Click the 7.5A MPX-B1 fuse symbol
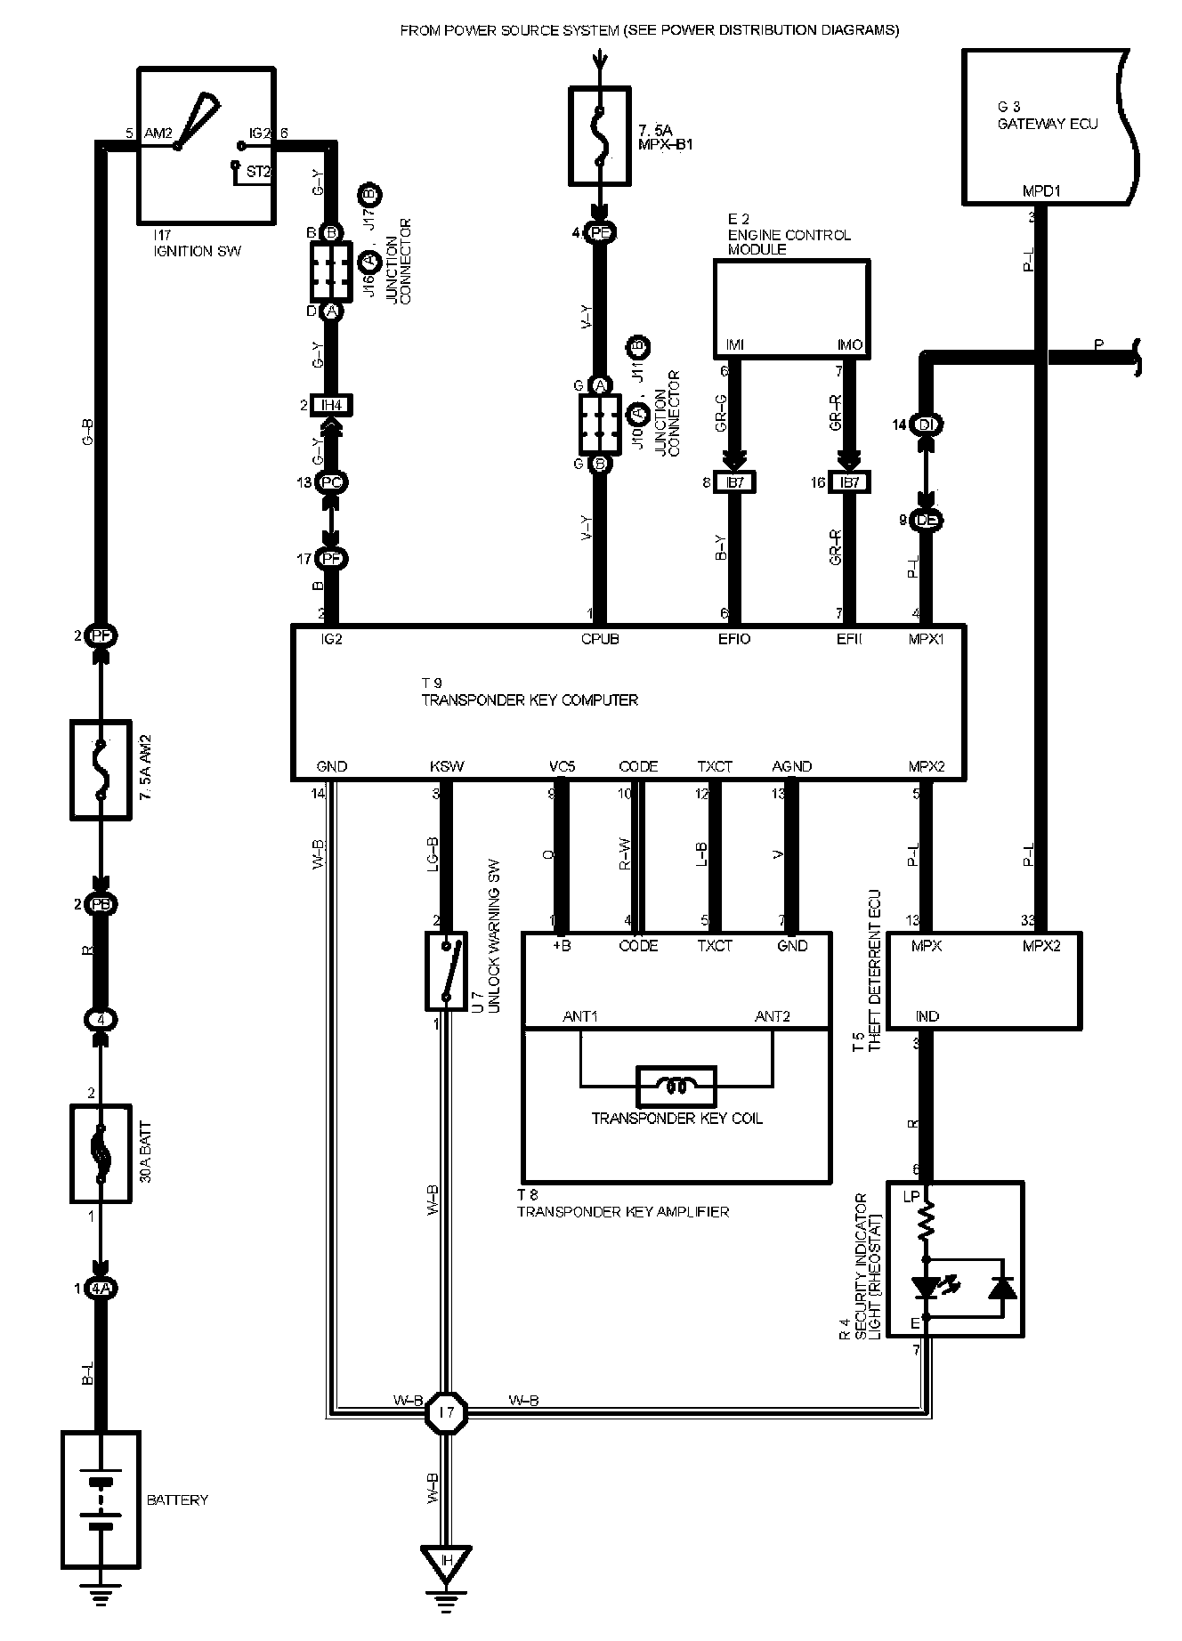(x=600, y=134)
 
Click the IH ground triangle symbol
(x=446, y=1561)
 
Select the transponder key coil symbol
(x=676, y=1086)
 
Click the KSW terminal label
(x=447, y=766)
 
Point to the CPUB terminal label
(x=599, y=639)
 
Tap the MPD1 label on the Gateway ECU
(x=1041, y=190)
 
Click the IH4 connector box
(x=330, y=406)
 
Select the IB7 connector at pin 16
(x=849, y=482)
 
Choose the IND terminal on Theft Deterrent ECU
(x=927, y=1016)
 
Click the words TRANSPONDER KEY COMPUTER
(x=530, y=700)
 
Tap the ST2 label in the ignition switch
(x=258, y=171)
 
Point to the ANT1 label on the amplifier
(x=580, y=1016)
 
